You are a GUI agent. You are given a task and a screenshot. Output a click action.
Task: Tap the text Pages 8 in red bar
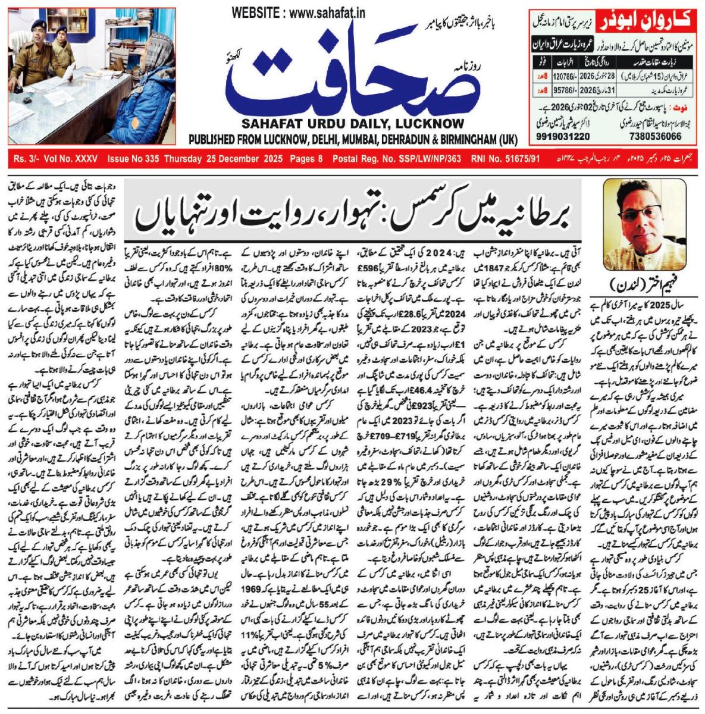pyautogui.click(x=306, y=159)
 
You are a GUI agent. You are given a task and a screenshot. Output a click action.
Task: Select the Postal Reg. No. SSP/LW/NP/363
pyautogui.click(x=397, y=159)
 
